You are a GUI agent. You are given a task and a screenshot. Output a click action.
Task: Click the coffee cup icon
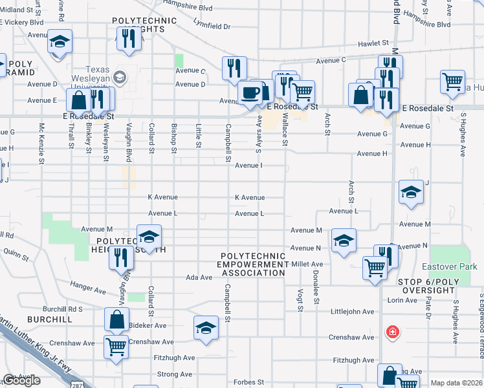[x=249, y=92]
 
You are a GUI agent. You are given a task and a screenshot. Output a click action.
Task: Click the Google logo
[x=21, y=380]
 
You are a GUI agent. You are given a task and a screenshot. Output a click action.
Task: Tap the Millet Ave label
[x=307, y=264]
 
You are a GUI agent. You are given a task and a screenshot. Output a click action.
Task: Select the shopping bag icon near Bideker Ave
[x=116, y=319]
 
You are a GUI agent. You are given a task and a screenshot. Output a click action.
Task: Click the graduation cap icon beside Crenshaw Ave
[x=206, y=328]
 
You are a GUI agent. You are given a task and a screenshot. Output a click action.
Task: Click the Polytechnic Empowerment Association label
[x=252, y=264]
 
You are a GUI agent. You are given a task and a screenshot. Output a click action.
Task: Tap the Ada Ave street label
[x=199, y=277]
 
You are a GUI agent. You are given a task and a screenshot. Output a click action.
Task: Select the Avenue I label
[x=248, y=166]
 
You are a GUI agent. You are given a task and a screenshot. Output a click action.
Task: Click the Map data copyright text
[x=456, y=383]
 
